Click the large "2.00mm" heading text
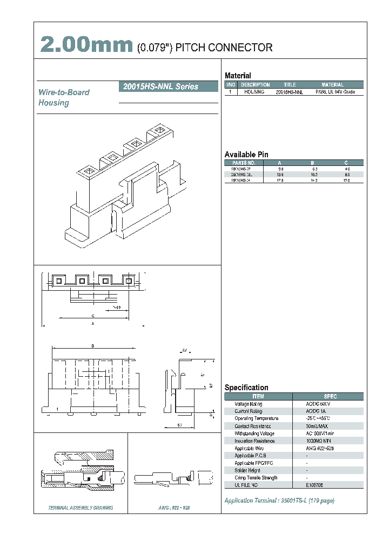pos(86,46)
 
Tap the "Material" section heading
pos(238,76)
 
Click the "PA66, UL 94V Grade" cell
pos(333,92)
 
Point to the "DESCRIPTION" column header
pos(255,85)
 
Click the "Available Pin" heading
pos(246,154)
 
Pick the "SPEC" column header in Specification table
pos(330,396)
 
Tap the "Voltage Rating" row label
pos(249,404)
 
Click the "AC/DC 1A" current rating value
pos(317,411)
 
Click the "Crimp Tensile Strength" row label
pos(256,477)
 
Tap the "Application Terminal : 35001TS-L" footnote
pos(279,501)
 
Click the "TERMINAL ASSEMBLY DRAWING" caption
pos(81,508)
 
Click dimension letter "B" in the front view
pos(93,345)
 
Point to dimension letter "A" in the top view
pos(93,323)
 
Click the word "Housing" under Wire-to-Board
pos(53,103)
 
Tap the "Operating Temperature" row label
pos(257,418)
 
